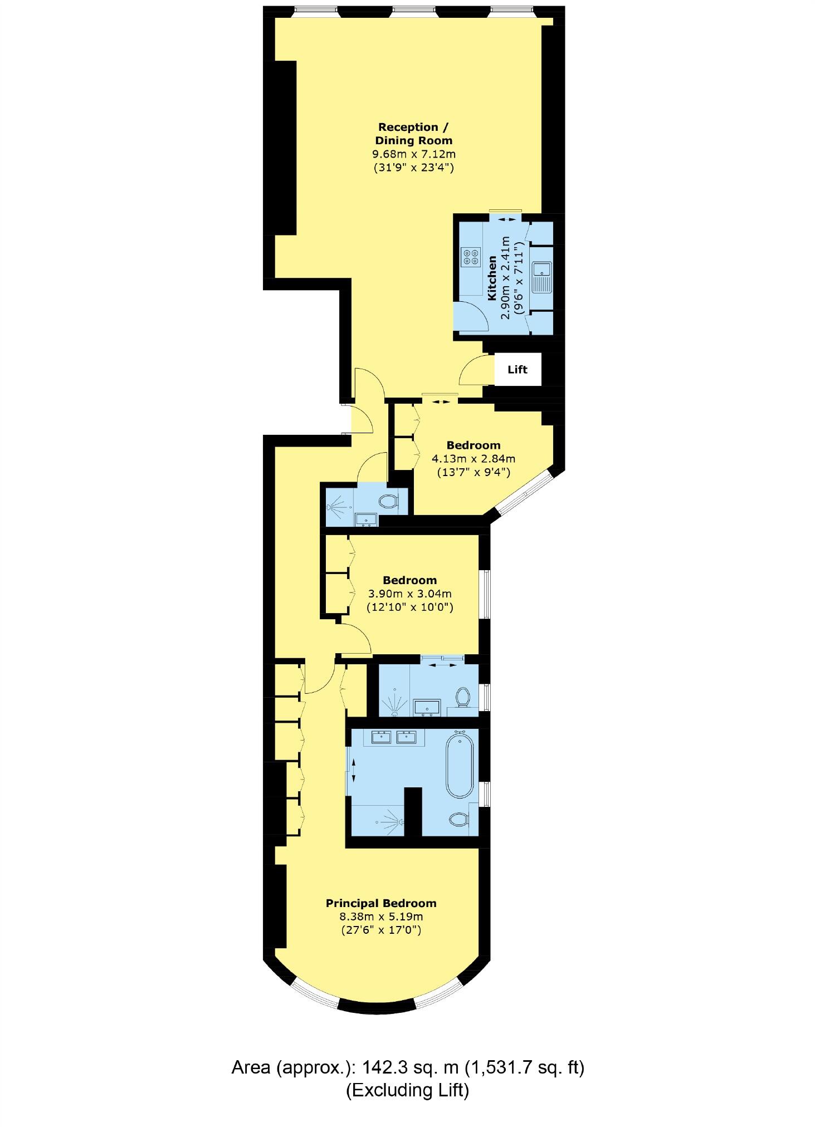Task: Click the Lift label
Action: pyautogui.click(x=517, y=369)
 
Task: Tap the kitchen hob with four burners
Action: pyautogui.click(x=470, y=256)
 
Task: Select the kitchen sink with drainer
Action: pyautogui.click(x=541, y=277)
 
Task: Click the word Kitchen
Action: pyautogui.click(x=492, y=278)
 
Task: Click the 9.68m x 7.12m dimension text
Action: pyautogui.click(x=413, y=154)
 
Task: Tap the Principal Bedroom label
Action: pyautogui.click(x=381, y=903)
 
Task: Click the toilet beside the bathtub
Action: pyautogui.click(x=458, y=819)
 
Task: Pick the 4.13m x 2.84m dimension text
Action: pyautogui.click(x=474, y=459)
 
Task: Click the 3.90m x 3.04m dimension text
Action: pyautogui.click(x=409, y=594)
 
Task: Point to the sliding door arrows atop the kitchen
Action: pyautogui.click(x=506, y=219)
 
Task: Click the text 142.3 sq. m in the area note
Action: pyautogui.click(x=410, y=1067)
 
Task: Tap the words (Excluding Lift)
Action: pyautogui.click(x=407, y=1090)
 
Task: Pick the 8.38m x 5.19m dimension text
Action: pyautogui.click(x=381, y=917)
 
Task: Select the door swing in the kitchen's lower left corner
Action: pyautogui.click(x=471, y=316)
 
